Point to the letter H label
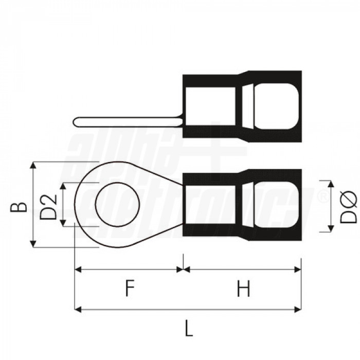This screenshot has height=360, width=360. [x=243, y=290]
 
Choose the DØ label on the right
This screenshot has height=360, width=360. [x=349, y=206]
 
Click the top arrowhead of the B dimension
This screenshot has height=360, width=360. [x=33, y=165]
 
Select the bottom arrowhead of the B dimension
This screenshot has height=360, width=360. [x=33, y=244]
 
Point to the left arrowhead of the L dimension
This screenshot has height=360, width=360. [x=78, y=309]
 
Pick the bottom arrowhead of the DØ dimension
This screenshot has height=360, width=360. [x=329, y=229]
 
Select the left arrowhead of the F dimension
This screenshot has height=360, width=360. [x=78, y=269]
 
